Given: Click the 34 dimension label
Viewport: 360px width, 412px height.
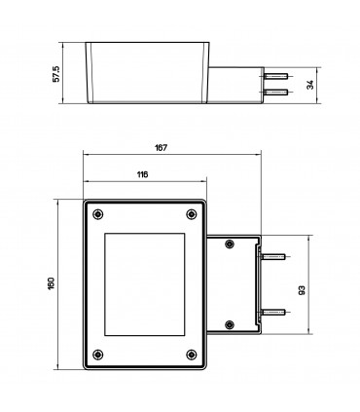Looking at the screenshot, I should coord(309,85).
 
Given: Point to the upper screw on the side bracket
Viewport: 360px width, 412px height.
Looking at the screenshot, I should coord(229,244).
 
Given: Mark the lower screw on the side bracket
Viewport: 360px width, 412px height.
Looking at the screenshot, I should coord(229,324).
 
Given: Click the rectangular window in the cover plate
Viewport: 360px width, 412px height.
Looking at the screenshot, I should coord(143,283).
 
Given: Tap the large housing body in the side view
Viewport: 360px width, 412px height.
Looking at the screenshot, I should coord(149,73).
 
